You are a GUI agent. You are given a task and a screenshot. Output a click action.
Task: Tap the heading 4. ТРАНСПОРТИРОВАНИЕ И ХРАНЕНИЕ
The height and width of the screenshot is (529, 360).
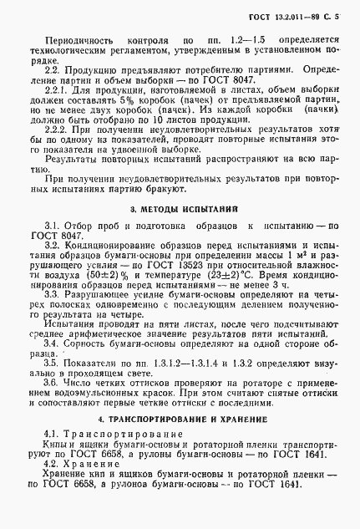tap(180, 417)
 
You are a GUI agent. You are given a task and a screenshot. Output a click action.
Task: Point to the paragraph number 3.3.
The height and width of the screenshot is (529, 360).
tap(53, 296)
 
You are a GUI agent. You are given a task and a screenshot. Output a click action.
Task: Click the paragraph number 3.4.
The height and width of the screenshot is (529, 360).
tap(53, 343)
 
